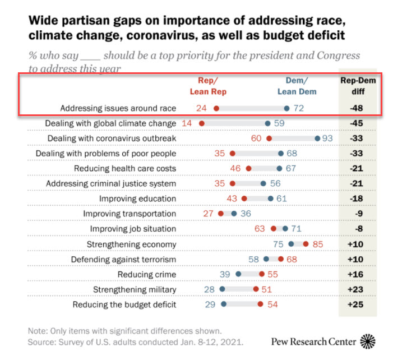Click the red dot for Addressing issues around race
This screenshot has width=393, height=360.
coord(216,108)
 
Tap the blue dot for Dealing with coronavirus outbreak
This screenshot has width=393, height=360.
coord(318,139)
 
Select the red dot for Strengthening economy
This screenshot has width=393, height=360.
coord(306,244)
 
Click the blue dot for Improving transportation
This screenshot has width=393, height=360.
coord(234,214)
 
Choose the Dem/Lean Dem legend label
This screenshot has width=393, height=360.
coord(297,86)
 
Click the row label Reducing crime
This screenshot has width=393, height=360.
coord(147,274)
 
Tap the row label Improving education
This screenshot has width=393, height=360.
coord(138,199)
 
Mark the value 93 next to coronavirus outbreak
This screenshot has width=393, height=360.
coord(330,139)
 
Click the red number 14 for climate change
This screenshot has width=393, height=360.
coord(187,123)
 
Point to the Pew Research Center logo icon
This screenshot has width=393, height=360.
coord(368,340)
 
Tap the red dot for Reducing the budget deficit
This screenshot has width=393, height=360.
coord(260,304)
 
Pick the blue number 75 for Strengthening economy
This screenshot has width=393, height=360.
coord(278,244)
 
